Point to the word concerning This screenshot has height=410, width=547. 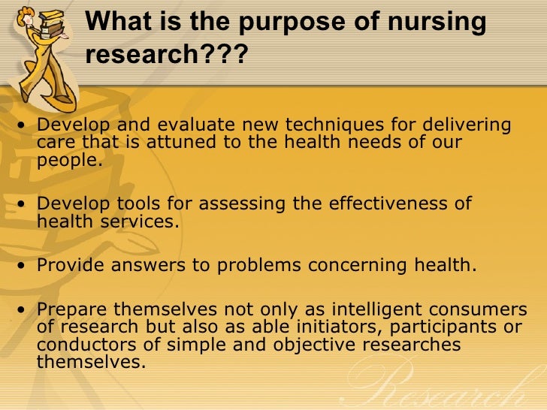point(366,264)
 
